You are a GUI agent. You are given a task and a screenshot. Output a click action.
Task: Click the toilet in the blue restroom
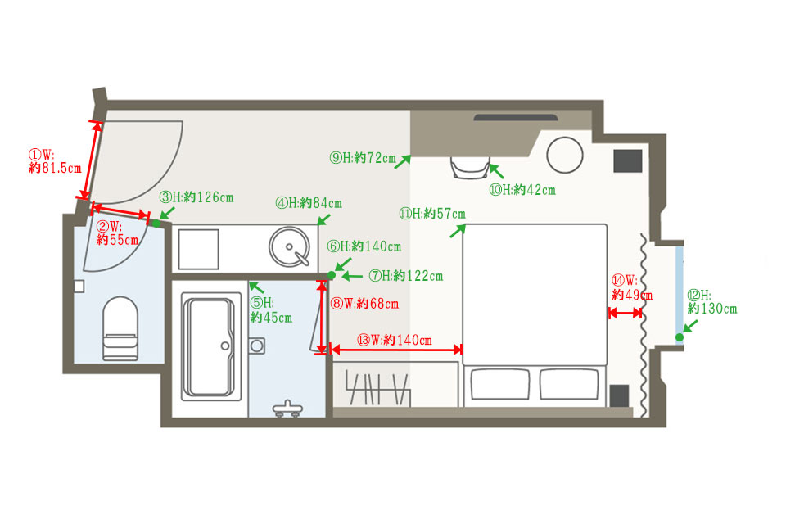pos(120,328)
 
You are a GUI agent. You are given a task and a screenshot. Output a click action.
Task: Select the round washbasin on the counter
pos(289,247)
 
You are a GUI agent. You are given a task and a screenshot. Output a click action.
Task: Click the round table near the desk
pos(565,155)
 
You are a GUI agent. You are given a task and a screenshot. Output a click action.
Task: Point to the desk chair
pos(470,168)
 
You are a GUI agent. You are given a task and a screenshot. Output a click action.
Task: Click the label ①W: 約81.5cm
pos(55,161)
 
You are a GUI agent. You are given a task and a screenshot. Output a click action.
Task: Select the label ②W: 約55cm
pos(117,233)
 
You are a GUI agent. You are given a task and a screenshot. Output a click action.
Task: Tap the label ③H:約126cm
pos(196,197)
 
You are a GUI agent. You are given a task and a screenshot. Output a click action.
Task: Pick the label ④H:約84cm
pos(309,203)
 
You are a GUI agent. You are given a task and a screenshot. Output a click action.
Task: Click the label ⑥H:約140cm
pos(364,246)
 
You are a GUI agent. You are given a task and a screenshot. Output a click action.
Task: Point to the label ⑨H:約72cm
pos(363,158)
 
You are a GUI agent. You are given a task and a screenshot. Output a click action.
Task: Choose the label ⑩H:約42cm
pos(522,190)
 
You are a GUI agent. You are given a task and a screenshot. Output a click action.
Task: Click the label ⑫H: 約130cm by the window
pos(712,302)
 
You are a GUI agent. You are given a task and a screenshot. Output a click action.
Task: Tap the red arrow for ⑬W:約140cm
pos(396,350)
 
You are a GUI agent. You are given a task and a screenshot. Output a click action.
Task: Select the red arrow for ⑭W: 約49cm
pos(625,314)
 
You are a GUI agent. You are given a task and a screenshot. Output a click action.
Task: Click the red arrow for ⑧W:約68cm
pos(321,318)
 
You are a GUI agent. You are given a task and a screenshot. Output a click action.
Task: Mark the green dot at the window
pos(680,337)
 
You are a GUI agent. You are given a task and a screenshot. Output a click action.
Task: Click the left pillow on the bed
pos(499,384)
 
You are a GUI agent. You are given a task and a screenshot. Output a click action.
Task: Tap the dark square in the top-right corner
pos(628,161)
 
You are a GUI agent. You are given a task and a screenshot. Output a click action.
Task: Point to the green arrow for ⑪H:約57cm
pos(458,231)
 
